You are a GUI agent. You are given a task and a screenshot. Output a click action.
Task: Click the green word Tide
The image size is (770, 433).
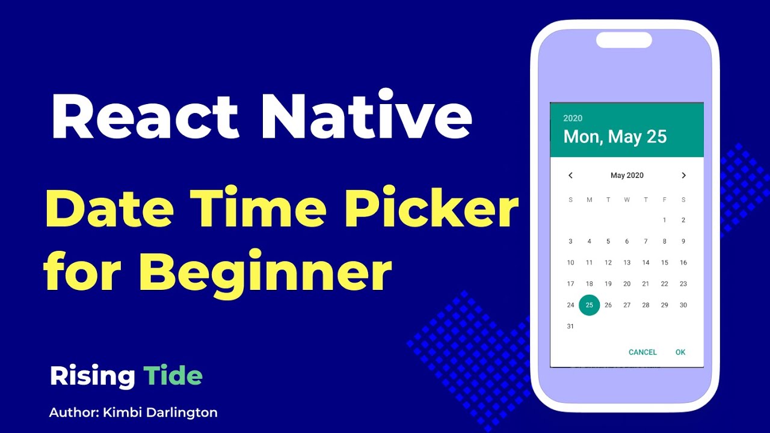click(x=173, y=376)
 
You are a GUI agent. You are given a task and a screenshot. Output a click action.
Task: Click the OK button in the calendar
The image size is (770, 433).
click(x=680, y=352)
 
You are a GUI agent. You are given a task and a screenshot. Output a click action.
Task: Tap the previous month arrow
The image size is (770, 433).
click(x=570, y=176)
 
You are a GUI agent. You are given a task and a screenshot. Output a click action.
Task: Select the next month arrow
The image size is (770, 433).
click(x=683, y=176)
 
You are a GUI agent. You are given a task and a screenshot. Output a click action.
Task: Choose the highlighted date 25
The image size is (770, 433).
click(x=590, y=305)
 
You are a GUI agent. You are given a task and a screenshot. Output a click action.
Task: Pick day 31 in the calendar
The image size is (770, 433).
click(x=570, y=327)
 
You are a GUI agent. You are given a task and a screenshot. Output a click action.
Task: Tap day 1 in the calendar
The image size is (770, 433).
click(x=665, y=220)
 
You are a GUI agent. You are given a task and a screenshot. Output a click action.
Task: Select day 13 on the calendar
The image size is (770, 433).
click(x=627, y=263)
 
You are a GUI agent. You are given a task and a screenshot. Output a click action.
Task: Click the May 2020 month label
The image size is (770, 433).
click(x=627, y=176)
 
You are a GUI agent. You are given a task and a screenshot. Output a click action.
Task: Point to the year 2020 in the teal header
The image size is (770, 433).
click(x=573, y=118)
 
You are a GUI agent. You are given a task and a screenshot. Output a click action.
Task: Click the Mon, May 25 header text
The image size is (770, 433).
click(x=615, y=137)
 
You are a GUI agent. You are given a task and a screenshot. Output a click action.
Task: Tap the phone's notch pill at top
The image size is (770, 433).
click(x=624, y=40)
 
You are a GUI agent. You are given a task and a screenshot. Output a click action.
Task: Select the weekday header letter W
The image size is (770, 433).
click(x=627, y=200)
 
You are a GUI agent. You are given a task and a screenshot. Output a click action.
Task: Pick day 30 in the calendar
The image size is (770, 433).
click(x=683, y=305)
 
